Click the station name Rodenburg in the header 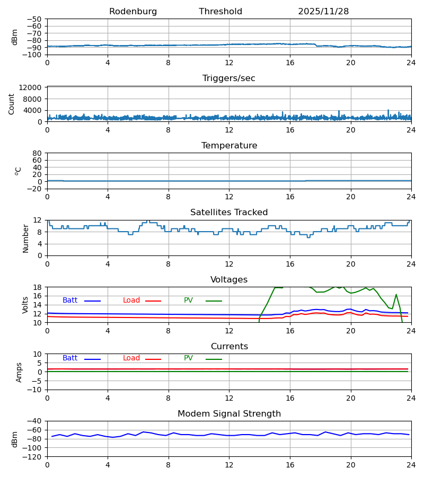[x=133, y=12]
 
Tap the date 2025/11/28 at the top [x=323, y=12]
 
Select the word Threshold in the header [x=220, y=12]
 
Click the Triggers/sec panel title [x=229, y=78]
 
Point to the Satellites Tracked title [x=229, y=213]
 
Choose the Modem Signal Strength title [x=229, y=414]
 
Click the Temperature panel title [x=229, y=146]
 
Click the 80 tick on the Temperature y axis [x=37, y=153]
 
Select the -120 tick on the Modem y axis [x=33, y=456]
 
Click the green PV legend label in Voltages [x=188, y=301]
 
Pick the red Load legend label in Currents [x=131, y=358]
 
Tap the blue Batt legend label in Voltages [x=70, y=301]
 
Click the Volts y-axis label [x=25, y=305]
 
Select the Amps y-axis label [x=19, y=372]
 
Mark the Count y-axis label [x=12, y=104]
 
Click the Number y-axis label [x=25, y=238]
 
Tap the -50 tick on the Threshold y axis [x=35, y=19]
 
